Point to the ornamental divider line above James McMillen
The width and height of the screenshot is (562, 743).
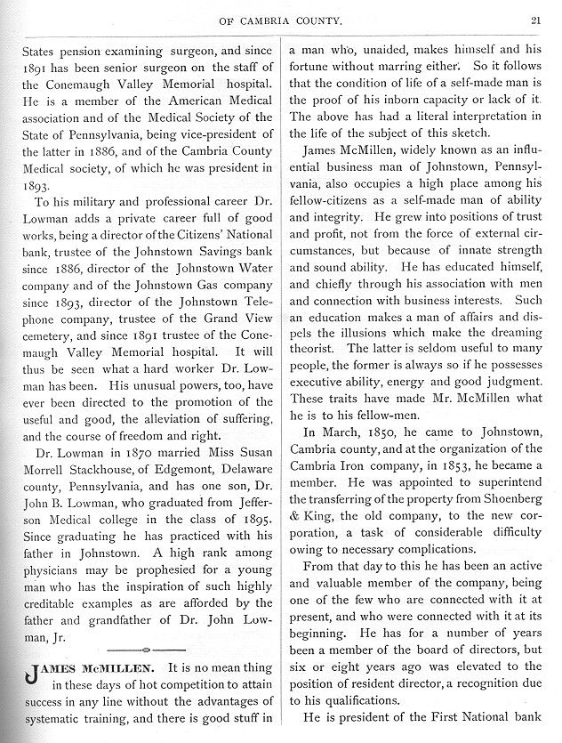coord(147,649)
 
